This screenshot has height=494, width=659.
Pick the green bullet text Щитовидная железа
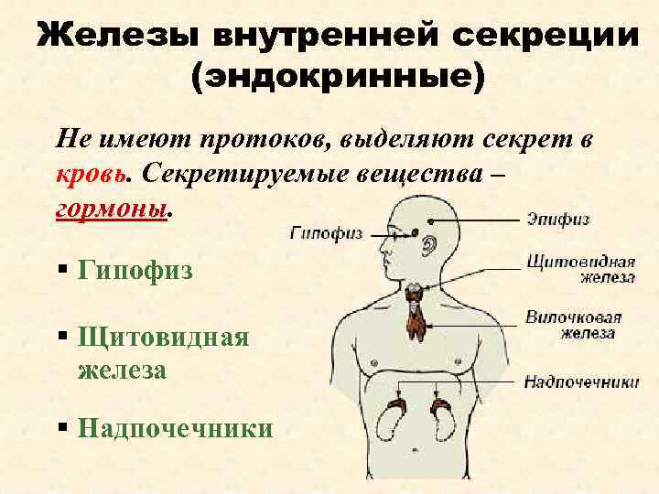164,353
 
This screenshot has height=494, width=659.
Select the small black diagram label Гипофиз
326,233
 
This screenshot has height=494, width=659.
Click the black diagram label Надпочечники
581,381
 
